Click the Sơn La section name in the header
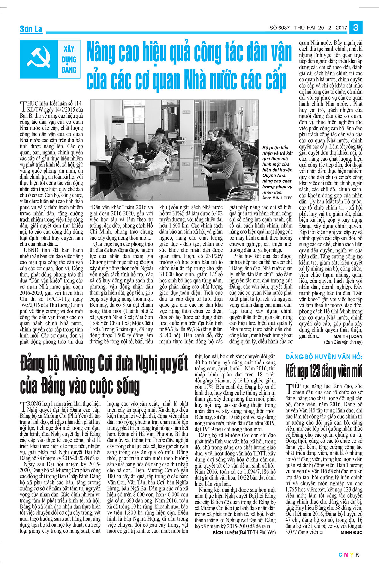click(x=31, y=29)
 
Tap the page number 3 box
click(x=356, y=28)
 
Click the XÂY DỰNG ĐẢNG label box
click(x=69, y=59)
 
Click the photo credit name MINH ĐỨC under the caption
click(x=282, y=198)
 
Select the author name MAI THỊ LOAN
click(x=348, y=336)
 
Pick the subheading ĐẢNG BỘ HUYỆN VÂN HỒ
click(x=323, y=357)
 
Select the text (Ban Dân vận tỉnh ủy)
click(x=343, y=342)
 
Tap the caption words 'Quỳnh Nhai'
click(x=274, y=175)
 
